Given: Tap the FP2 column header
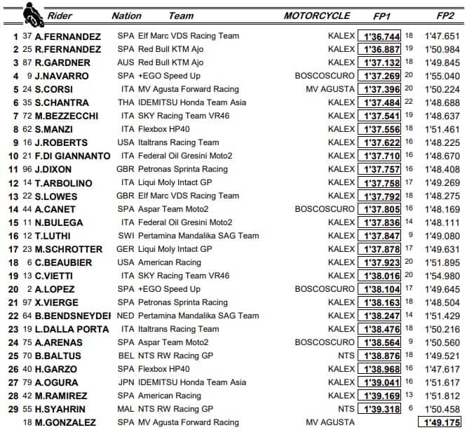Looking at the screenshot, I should pos(444,15).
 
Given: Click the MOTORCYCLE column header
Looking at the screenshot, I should pos(317,15).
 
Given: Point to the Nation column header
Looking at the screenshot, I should pos(126,15).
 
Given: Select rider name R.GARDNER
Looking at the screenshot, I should pos(60,62).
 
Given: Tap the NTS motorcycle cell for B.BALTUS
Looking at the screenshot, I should pos(346,356).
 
